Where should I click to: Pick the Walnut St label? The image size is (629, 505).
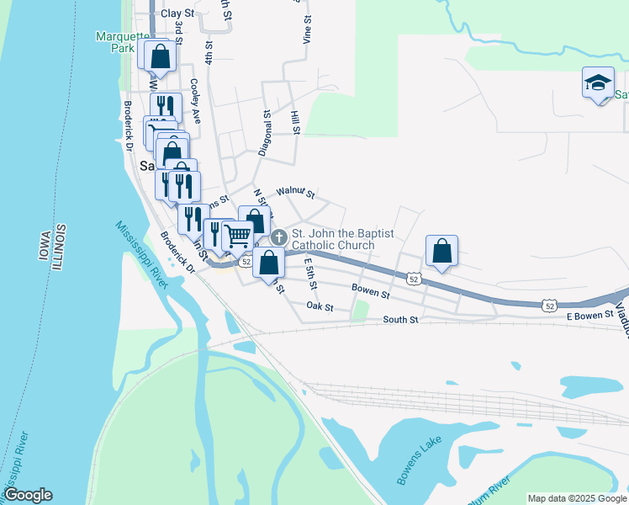pos(295,194)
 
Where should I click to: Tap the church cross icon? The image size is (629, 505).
pos(278,239)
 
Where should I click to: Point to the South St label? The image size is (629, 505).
pos(400,320)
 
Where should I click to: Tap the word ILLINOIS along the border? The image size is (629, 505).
pos(58,247)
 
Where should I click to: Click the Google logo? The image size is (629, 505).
pos(28,495)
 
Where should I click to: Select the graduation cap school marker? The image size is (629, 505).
pos(598,83)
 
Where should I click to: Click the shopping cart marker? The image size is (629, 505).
pos(238,236)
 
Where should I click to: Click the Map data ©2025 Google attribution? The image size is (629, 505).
pos(577,498)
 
